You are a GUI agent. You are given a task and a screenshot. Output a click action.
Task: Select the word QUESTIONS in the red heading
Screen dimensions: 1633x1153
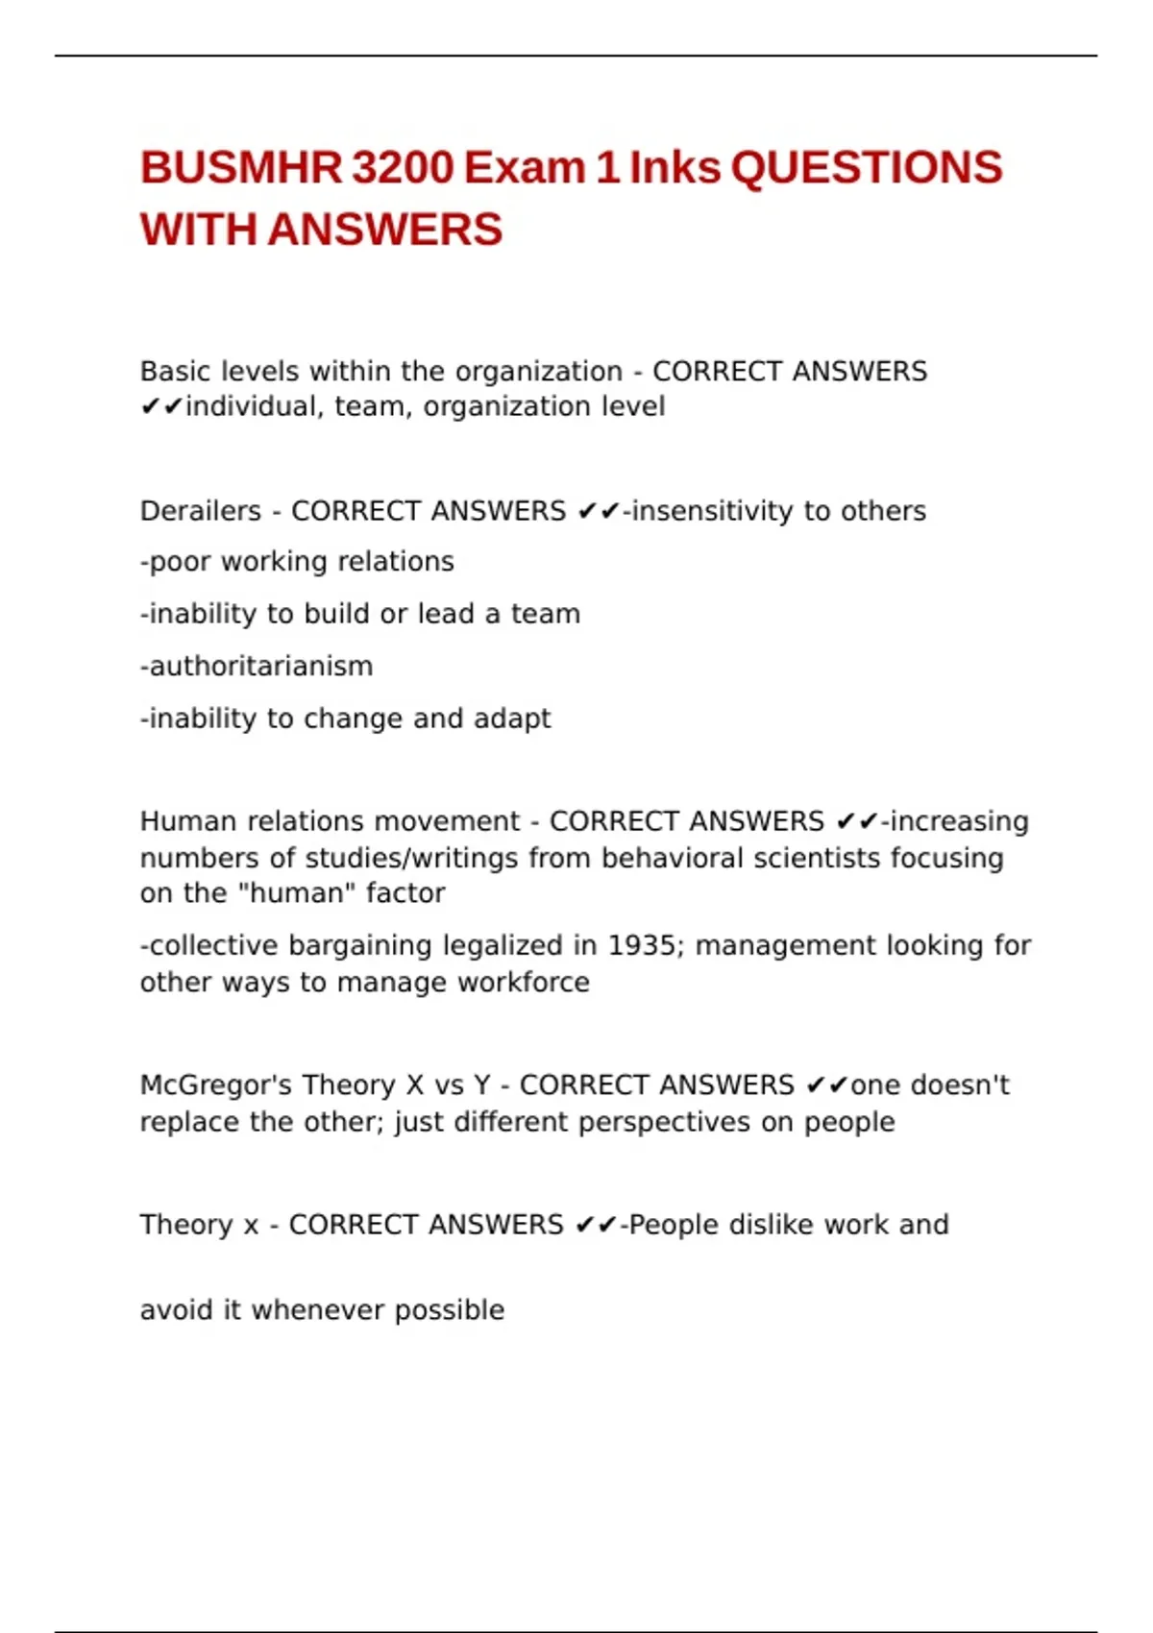(866, 168)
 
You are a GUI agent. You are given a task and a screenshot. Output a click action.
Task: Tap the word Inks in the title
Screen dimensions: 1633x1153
(674, 168)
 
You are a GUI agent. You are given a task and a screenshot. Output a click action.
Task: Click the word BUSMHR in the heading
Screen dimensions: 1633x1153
(240, 168)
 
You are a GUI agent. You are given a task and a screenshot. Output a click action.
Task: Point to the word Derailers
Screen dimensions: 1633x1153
(200, 511)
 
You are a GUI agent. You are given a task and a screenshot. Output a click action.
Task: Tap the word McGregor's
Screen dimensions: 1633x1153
(216, 1085)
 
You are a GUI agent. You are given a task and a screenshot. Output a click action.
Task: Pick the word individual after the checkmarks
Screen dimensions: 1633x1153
(255, 407)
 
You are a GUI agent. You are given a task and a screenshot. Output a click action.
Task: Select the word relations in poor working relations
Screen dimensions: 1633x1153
(396, 562)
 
